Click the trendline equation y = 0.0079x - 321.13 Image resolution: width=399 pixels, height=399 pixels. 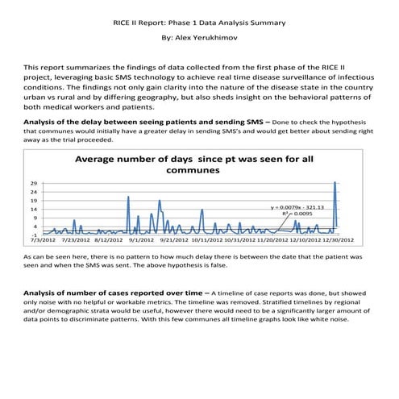pos(297,207)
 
